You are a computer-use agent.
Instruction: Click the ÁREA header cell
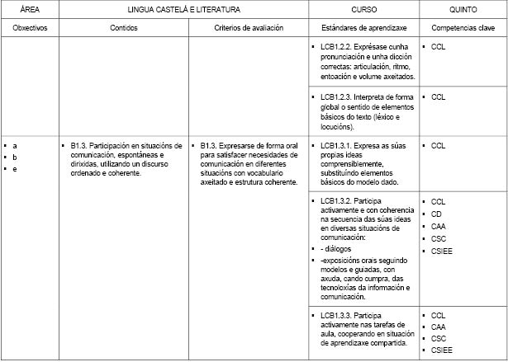(29, 9)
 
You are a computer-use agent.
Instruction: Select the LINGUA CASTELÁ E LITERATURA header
(183, 9)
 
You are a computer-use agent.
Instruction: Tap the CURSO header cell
(363, 9)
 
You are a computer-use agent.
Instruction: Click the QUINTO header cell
(462, 9)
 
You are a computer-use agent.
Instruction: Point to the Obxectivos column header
(30, 28)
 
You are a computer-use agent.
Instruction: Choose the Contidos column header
(123, 28)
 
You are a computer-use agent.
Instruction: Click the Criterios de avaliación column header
(248, 28)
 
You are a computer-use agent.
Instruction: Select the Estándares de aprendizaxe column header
(363, 28)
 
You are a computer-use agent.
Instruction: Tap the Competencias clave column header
(462, 28)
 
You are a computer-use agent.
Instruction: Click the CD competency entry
(437, 214)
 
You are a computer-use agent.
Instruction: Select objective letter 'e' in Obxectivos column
(16, 169)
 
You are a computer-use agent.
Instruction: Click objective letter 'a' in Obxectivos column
(16, 145)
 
